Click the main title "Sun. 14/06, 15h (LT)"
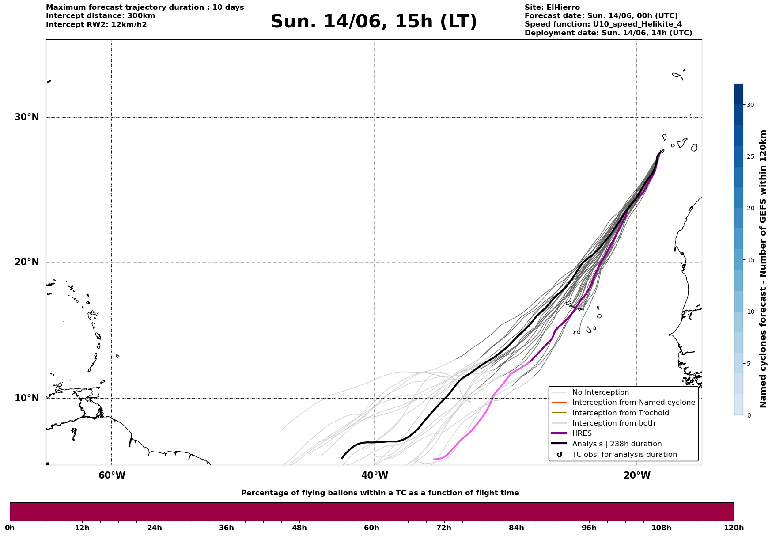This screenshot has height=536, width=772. click(x=374, y=22)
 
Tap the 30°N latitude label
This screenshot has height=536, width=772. click(x=27, y=117)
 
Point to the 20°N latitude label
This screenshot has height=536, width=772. click(x=27, y=262)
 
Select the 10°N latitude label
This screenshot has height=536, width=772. click(x=27, y=398)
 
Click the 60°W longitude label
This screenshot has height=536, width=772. click(x=112, y=475)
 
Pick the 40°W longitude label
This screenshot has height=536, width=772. click(x=375, y=475)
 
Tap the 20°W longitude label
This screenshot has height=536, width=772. click(x=637, y=475)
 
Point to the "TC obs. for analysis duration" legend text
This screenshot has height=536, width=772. click(x=624, y=455)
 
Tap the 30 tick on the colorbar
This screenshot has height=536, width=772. click(x=750, y=105)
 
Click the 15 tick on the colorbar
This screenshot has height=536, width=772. click(x=750, y=260)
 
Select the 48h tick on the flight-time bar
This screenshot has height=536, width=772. click(x=299, y=528)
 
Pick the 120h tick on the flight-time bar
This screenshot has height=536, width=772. click(x=734, y=528)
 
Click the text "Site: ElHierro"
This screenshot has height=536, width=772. click(x=552, y=8)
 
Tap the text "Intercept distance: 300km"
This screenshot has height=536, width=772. click(x=101, y=16)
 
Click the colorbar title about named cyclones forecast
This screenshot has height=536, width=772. click(x=763, y=269)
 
